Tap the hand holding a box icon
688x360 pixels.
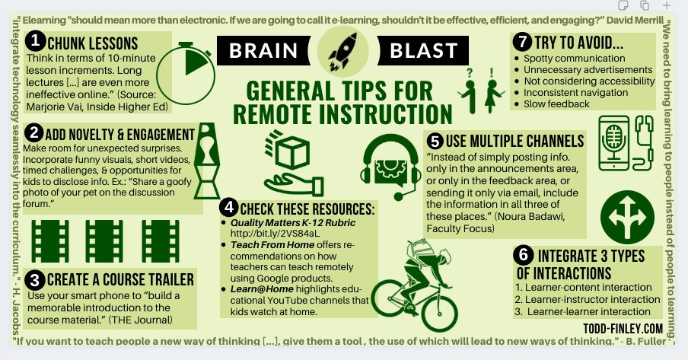(x=290, y=164)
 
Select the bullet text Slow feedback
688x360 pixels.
(x=557, y=104)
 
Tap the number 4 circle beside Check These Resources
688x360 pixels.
(x=228, y=207)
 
